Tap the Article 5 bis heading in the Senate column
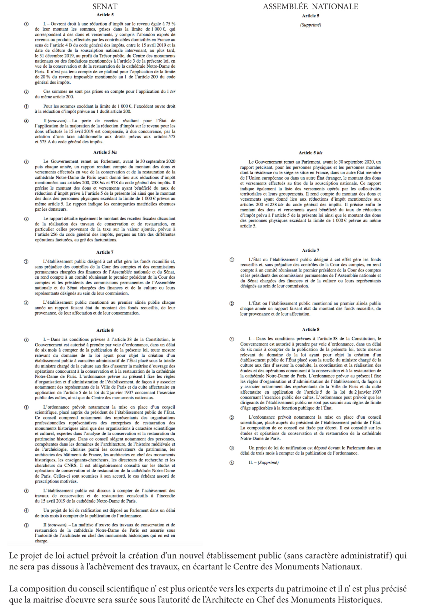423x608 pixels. (105, 152)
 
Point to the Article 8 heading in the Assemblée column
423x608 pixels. (311, 329)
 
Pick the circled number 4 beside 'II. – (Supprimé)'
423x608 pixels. (232, 463)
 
